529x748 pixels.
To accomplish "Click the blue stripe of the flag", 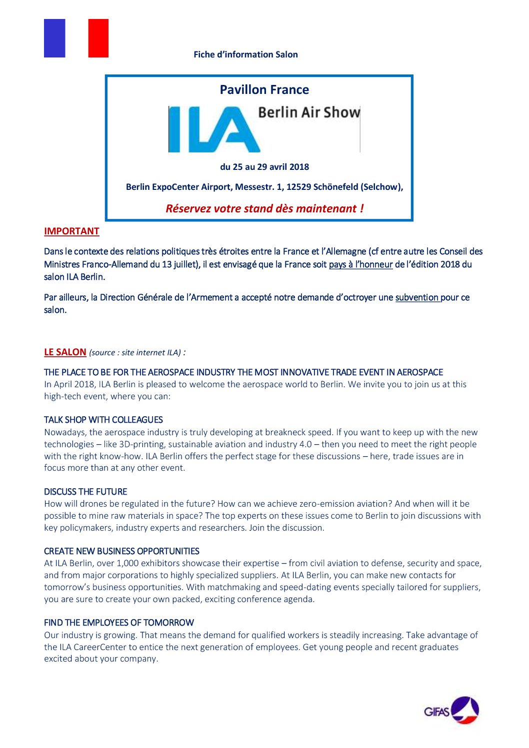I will click(54, 38).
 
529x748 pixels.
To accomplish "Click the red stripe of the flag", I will click(98, 38).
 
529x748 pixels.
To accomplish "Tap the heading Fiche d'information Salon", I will click(245, 54).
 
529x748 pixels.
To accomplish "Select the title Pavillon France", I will click(264, 90).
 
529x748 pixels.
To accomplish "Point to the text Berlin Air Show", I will click(308, 112).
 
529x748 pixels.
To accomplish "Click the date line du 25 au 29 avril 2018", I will click(264, 167).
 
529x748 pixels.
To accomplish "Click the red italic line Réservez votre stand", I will click(264, 208).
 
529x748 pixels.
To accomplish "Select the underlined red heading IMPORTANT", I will click(71, 231).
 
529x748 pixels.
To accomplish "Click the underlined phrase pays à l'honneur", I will click(360, 264).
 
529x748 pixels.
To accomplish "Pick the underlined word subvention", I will click(417, 297).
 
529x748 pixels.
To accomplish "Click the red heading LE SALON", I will click(65, 352).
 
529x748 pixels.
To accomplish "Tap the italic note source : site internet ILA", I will click(135, 353).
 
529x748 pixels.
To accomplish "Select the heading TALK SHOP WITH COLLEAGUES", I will click(103, 420).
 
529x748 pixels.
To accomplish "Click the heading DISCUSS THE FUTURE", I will click(85, 492).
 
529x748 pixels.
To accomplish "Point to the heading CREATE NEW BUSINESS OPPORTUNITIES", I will click(121, 551).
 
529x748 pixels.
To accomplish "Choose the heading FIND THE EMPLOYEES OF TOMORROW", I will click(119, 623).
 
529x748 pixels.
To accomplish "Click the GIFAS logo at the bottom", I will click(451, 710).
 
